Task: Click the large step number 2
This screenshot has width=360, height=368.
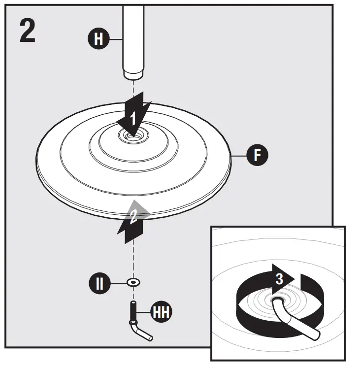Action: [x=28, y=30]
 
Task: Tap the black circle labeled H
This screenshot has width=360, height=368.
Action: [x=99, y=39]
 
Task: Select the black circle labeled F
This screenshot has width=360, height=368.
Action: [x=257, y=156]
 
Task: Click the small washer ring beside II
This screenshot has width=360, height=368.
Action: [x=132, y=283]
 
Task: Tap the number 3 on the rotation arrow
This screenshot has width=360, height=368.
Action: [x=279, y=279]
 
